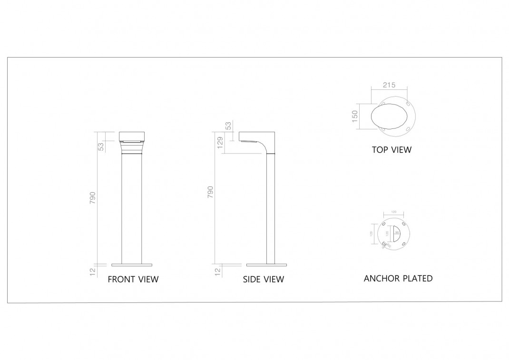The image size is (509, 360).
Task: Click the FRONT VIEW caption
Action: pos(133,279)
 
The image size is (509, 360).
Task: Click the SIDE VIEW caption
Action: pos(264,279)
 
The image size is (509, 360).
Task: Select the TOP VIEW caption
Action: pos(392,150)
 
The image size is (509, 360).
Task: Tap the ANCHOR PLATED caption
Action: pos(398,278)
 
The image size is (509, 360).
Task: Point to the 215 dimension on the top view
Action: pos(389,86)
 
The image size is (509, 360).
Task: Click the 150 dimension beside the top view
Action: pos(354,116)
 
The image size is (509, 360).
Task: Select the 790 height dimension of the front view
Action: pos(93,198)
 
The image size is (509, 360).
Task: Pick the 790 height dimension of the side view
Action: pos(211,192)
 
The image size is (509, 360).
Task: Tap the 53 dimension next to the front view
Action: pos(101,146)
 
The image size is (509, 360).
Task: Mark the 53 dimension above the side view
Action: pos(228,126)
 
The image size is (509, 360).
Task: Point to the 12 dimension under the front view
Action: pos(93,272)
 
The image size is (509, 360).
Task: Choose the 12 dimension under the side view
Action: pos(218,272)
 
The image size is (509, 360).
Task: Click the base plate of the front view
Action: pos(132,264)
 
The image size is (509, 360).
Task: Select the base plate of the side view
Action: pos(267,264)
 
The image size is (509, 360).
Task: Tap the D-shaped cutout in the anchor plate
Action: pos(394,233)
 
